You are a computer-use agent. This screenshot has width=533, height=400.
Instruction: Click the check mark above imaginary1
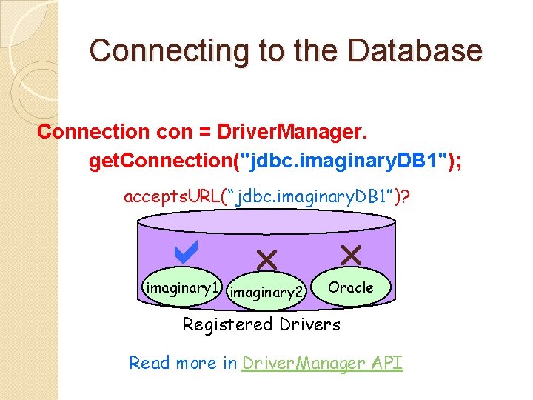[x=184, y=254]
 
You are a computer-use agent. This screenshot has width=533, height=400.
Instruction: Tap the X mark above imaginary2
[x=266, y=259]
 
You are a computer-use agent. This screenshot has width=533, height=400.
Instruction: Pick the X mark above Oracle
[x=350, y=256]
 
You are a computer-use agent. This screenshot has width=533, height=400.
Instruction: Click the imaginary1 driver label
[x=181, y=288]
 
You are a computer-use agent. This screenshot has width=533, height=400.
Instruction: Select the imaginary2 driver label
[x=266, y=293]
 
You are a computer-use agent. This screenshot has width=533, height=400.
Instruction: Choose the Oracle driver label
[x=350, y=287]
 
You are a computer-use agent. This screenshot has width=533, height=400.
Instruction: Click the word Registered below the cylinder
[x=228, y=324]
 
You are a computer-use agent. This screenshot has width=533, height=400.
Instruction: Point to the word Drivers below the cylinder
[x=310, y=324]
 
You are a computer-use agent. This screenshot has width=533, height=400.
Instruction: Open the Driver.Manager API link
[x=322, y=363]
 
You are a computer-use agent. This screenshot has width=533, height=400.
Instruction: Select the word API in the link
[x=386, y=363]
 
